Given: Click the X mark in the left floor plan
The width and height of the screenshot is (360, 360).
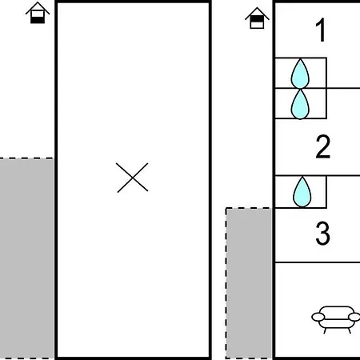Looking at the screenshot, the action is click(132, 178).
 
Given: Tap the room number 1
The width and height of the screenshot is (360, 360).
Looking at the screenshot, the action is click(321, 30).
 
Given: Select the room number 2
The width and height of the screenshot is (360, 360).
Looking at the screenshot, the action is click(323, 146).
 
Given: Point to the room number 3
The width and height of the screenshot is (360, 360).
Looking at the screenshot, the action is click(322, 234).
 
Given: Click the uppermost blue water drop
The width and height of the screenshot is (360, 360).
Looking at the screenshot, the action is click(300, 74).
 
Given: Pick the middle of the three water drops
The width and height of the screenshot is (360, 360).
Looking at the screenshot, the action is click(300, 104).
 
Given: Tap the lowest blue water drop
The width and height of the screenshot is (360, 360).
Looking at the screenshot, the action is click(302, 192).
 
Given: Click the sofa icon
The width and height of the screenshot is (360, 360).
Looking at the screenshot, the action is click(337, 319).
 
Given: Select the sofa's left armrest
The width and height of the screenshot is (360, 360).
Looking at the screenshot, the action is click(318, 317).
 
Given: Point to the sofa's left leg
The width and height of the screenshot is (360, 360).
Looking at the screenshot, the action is click(325, 330).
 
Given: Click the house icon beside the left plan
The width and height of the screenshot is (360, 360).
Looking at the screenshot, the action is click(38, 13).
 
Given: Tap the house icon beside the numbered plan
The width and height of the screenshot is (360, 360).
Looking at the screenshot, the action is click(257, 18).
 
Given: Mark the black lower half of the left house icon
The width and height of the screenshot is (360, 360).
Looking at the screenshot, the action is click(38, 20).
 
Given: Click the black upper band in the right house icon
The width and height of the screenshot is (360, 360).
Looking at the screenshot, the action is click(257, 19).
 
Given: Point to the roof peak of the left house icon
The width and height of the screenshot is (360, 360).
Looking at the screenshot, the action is click(38, 2).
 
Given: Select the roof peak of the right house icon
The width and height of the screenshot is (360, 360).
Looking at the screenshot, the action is click(257, 7).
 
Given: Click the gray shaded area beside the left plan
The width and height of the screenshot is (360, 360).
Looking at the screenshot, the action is click(26, 258).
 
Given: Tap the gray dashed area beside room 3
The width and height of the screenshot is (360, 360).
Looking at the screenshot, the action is click(249, 282).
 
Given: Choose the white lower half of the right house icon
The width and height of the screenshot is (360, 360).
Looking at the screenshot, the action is click(257, 25).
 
